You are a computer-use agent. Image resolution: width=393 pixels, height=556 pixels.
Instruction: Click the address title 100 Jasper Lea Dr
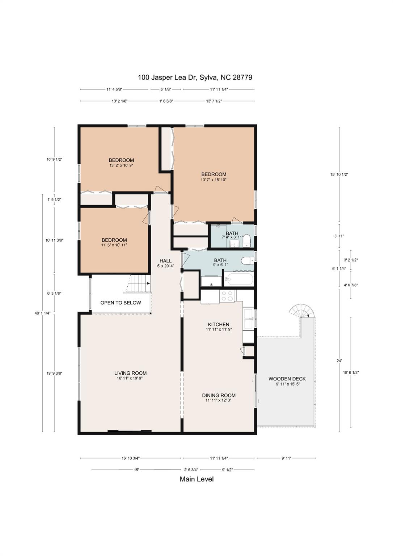click(x=195, y=77)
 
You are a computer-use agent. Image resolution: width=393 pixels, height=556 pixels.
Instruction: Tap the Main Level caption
click(x=196, y=479)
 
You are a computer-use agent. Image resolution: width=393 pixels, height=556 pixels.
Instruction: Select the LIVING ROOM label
click(x=130, y=375)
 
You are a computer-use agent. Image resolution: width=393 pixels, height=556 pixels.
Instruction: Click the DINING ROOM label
click(x=219, y=397)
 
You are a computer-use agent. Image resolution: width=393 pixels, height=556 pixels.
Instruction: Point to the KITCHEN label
click(x=219, y=327)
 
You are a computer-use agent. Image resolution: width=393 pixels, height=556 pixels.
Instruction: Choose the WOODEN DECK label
click(x=287, y=381)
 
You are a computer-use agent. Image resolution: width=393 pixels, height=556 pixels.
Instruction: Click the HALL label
click(x=165, y=263)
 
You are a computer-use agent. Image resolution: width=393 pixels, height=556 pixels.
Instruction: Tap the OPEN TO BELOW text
click(x=121, y=303)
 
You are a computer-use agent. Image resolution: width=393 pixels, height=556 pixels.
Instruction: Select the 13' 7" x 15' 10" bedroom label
click(x=214, y=177)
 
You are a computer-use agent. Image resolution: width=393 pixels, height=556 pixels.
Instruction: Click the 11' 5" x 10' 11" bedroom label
click(x=114, y=242)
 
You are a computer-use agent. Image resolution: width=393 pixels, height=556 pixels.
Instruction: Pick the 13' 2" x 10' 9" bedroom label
click(x=121, y=163)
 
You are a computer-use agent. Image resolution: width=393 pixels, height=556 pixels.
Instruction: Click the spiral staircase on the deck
click(x=300, y=311)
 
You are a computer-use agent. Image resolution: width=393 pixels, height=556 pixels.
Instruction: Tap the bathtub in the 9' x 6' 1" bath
click(x=239, y=279)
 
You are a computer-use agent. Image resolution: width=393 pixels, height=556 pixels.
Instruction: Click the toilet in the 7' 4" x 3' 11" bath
click(x=247, y=241)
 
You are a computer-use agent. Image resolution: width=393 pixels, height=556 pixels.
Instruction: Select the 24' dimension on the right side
click(x=339, y=361)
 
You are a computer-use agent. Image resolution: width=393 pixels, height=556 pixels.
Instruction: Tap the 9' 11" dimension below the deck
click(x=286, y=458)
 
